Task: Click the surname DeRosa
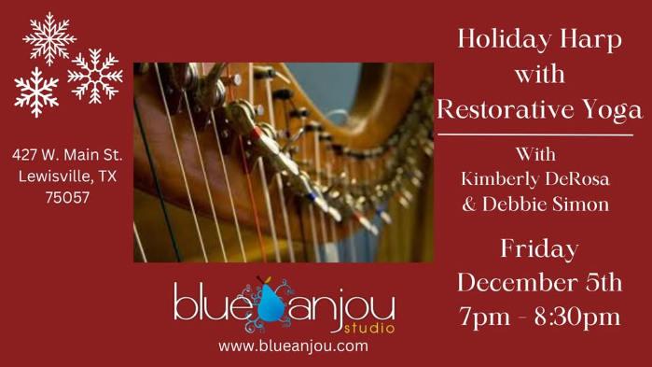click(x=581, y=178)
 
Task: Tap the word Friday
click(x=539, y=250)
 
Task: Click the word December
click(x=514, y=282)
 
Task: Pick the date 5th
click(x=601, y=282)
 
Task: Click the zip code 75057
click(x=67, y=197)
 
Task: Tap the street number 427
click(x=27, y=154)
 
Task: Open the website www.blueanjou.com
click(x=294, y=346)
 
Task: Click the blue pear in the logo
click(x=272, y=301)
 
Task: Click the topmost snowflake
click(x=49, y=37)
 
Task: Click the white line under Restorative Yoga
click(x=535, y=135)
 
